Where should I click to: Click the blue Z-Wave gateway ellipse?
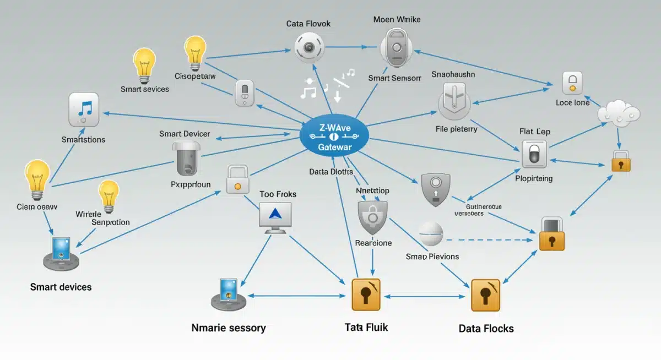334,137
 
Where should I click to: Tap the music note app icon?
84,110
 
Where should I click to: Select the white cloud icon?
619,112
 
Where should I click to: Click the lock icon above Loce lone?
572,83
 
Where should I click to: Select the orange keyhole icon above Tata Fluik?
366,295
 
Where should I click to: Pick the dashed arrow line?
490,240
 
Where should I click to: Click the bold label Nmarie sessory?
229,328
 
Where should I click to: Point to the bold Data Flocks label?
486,329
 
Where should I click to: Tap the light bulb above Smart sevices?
145,64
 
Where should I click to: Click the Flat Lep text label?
534,132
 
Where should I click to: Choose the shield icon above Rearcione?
373,217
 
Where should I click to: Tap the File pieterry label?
456,129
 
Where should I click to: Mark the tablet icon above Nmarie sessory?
227,293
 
